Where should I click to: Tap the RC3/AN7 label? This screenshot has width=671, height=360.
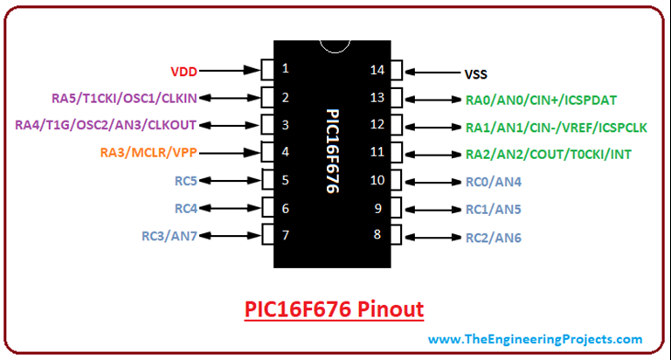point(169,236)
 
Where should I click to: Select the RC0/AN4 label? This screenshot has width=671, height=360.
point(493,182)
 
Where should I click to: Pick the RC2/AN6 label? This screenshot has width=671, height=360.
point(493,237)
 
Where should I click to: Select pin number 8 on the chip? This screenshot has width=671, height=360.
point(378,234)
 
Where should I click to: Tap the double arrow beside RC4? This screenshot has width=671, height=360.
point(232,208)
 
